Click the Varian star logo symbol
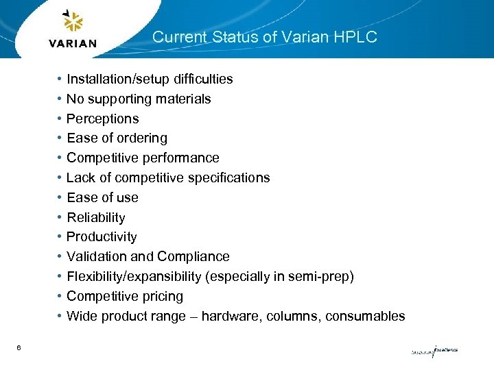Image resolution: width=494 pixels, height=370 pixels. pyautogui.click(x=72, y=22)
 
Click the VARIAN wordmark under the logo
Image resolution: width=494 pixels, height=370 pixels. pyautogui.click(x=73, y=44)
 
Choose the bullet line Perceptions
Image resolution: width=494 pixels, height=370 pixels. pyautogui.click(x=102, y=119)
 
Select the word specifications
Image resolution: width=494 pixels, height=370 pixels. pyautogui.click(x=230, y=178)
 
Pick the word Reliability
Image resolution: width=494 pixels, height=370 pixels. pyautogui.click(x=95, y=218)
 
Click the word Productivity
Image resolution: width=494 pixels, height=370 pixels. pyautogui.click(x=102, y=237)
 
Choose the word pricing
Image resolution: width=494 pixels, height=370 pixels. pyautogui.click(x=161, y=297)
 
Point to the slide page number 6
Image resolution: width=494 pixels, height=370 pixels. pyautogui.click(x=19, y=348)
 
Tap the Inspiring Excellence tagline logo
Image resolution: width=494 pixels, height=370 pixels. pyautogui.click(x=434, y=351)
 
